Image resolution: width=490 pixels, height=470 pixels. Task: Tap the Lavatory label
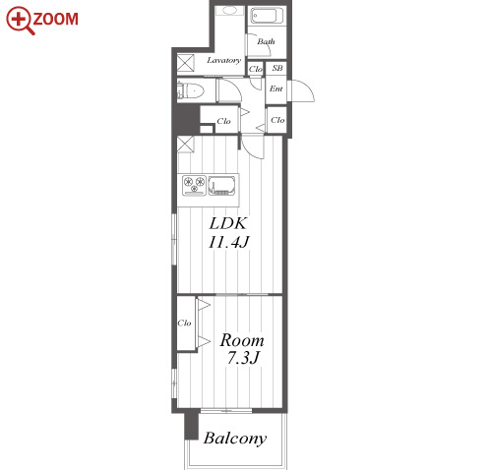coord(223,60)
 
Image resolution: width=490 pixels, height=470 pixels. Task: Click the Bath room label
coord(266,41)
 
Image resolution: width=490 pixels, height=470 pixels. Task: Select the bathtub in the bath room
coord(267,16)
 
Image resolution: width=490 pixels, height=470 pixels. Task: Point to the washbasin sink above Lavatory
coord(230,11)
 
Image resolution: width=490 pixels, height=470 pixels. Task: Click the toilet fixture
coord(190,90)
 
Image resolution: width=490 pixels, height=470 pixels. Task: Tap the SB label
coord(277,68)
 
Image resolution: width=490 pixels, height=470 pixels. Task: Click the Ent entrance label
coord(276,88)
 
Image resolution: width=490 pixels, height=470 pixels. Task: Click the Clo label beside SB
coord(256,69)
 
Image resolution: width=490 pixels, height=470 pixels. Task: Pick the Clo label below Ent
coord(277,120)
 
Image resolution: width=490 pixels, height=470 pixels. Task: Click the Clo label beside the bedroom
coord(184,323)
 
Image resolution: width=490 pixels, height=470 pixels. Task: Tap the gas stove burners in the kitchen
coord(194,185)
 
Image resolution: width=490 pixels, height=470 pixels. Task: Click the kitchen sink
coord(221,185)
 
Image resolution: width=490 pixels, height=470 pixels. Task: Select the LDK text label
coord(227,223)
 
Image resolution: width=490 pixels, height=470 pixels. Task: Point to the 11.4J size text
coord(229,242)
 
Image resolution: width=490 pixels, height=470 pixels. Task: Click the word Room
coord(242,340)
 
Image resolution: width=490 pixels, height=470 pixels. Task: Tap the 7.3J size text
coord(243,358)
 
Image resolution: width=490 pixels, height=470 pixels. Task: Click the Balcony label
coord(235,439)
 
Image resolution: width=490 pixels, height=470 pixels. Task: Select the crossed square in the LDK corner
coord(186,145)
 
